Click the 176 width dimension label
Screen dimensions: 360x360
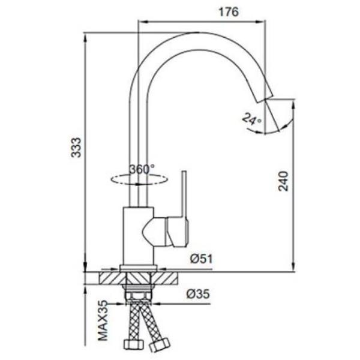coord(229,12)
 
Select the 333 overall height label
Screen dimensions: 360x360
coord(76,148)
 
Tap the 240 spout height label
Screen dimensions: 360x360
coord(283,181)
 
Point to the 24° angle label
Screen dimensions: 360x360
coord(251,119)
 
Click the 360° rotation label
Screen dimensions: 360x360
coord(142,170)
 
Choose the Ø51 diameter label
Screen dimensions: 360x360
coord(202,259)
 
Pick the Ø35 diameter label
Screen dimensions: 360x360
coord(198,294)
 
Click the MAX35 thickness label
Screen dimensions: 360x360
coord(103,320)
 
